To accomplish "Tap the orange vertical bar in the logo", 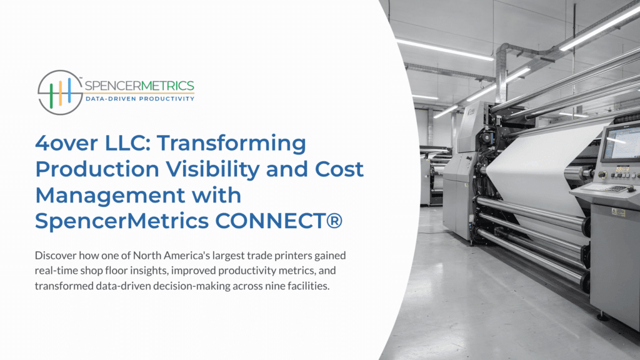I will point(60,92).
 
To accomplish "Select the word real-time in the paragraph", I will point(57,271).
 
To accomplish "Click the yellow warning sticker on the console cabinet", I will point(618,212).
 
